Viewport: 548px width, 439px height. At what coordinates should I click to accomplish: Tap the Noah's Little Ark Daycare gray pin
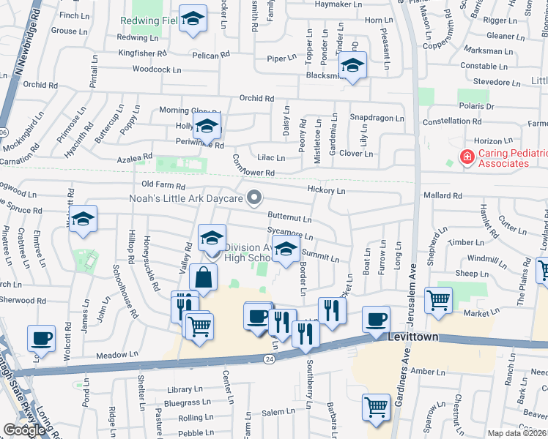[x=254, y=197]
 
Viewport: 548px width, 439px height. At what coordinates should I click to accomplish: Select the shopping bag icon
[x=204, y=278]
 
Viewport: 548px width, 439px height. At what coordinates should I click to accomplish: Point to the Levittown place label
[x=397, y=336]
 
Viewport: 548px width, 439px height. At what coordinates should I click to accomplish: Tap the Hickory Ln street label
[x=327, y=190]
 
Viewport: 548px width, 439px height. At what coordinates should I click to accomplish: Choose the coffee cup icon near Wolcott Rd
[x=41, y=339]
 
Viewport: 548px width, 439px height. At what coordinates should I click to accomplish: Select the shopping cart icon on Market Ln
[x=438, y=300]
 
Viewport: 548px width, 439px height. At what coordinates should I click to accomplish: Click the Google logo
[x=24, y=430]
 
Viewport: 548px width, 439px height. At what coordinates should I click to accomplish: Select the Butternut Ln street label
[x=290, y=218]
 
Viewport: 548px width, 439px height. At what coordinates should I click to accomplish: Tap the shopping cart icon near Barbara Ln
[x=377, y=407]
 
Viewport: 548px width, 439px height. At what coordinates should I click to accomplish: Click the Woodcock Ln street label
[x=157, y=70]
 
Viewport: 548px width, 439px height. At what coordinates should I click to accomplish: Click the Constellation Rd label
[x=451, y=121]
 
